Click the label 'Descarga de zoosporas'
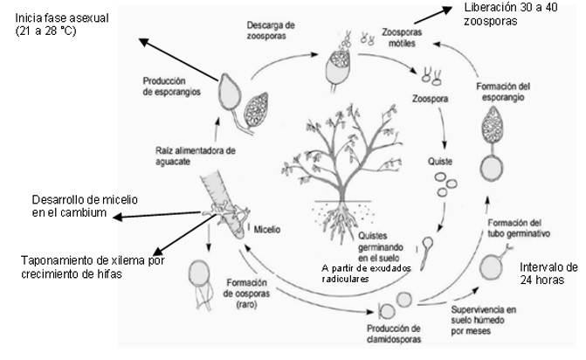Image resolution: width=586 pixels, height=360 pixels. point(271,31)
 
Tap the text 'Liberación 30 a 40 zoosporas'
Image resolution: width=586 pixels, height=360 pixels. point(511,14)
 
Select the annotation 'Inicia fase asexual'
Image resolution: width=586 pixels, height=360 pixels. point(62,18)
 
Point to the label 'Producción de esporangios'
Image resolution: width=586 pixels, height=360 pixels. point(171,87)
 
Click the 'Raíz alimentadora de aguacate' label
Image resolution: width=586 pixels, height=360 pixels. point(196,156)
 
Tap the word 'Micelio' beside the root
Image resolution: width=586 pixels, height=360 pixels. point(267,229)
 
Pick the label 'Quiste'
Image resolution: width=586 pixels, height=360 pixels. point(440,162)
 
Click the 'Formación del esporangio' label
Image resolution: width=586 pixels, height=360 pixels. point(503,92)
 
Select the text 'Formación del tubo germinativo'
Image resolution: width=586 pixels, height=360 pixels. point(519,228)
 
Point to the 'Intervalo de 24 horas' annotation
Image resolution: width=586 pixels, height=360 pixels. point(548,273)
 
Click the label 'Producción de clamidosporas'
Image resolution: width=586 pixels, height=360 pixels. point(394,334)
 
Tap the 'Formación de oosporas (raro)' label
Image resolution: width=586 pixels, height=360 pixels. point(246,294)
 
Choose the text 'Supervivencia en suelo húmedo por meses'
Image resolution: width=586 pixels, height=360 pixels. point(484,321)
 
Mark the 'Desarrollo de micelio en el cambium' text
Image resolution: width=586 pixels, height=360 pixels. point(85,206)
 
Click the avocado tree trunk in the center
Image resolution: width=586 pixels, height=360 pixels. point(341,187)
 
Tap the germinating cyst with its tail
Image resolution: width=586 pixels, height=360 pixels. point(426,253)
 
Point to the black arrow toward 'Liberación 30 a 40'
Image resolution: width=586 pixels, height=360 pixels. point(433,16)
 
